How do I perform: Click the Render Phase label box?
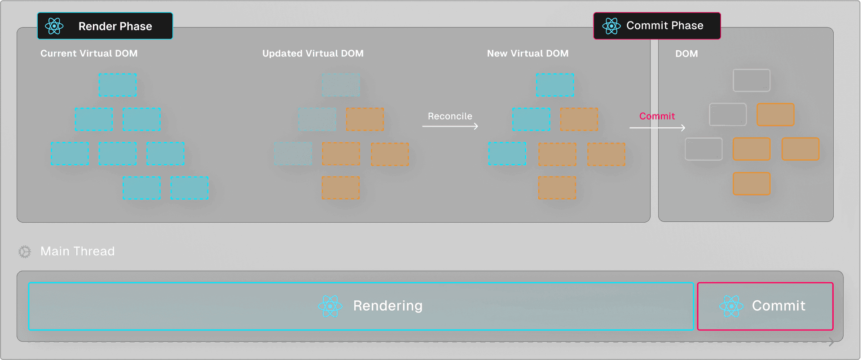click(x=105, y=26)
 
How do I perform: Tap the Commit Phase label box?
click(x=657, y=26)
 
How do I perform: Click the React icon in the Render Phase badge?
click(x=54, y=26)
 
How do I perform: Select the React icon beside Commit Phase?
click(x=611, y=26)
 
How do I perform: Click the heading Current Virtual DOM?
click(x=89, y=53)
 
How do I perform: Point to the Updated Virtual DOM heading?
click(x=313, y=53)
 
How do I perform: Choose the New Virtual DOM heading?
click(x=528, y=53)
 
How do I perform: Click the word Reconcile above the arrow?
click(x=450, y=116)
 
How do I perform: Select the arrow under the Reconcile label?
click(x=450, y=127)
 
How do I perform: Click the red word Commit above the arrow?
click(x=657, y=116)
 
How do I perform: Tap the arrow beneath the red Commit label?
click(x=657, y=128)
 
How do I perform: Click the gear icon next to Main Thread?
click(x=25, y=252)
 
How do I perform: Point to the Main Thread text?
click(x=78, y=251)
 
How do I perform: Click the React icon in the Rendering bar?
click(x=330, y=306)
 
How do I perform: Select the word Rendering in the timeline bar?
click(x=388, y=306)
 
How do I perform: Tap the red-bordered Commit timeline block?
click(x=765, y=306)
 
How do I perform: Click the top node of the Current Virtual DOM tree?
click(x=118, y=85)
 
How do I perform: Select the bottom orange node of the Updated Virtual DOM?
click(x=341, y=188)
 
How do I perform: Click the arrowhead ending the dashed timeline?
click(x=831, y=342)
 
